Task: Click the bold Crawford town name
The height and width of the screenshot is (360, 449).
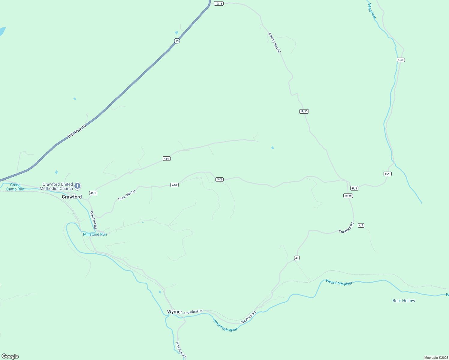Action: (x=72, y=197)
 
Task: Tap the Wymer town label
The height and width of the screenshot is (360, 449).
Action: (x=175, y=312)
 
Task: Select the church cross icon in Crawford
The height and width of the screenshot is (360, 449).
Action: (x=77, y=186)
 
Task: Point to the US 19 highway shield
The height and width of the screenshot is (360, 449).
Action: (x=177, y=41)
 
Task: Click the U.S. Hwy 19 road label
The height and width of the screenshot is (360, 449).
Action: (x=77, y=131)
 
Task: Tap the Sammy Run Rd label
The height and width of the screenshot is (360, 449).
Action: (x=274, y=43)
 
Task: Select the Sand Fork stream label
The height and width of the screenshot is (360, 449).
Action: (x=372, y=11)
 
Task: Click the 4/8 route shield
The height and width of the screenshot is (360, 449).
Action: (x=361, y=225)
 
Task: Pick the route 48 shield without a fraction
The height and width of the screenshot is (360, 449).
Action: (x=297, y=258)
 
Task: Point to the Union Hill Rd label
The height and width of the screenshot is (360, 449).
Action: (x=127, y=195)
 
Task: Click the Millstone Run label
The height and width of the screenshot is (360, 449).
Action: (x=95, y=234)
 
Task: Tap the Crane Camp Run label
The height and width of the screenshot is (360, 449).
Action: (x=15, y=187)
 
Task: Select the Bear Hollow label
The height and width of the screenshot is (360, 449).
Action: (x=404, y=301)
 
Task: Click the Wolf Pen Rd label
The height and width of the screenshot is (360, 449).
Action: (x=181, y=350)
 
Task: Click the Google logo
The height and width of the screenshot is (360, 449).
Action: (x=10, y=356)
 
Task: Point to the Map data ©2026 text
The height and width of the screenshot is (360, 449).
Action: (x=436, y=358)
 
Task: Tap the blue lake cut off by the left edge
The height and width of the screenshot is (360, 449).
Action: (x=2, y=31)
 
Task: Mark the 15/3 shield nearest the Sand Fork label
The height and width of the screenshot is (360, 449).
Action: (x=401, y=60)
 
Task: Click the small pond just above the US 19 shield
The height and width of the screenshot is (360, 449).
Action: (x=176, y=33)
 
